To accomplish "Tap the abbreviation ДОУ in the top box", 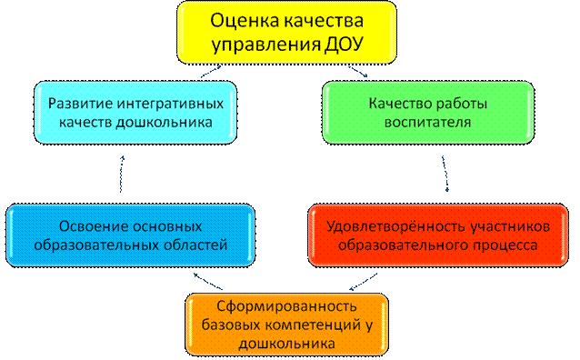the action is [x=344, y=45].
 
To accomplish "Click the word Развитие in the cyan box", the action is [x=80, y=104].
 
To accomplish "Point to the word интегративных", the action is [x=171, y=105].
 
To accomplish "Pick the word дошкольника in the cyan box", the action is [x=165, y=123].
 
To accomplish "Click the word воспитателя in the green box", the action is [x=427, y=123].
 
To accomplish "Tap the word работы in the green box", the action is [x=462, y=105].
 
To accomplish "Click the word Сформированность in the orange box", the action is [x=286, y=306].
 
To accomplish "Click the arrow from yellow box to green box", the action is [x=358, y=72].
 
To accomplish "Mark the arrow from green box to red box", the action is [x=445, y=174].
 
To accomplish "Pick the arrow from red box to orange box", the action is [x=364, y=282].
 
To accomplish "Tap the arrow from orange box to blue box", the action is [x=208, y=281].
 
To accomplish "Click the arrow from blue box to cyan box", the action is [x=121, y=174].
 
